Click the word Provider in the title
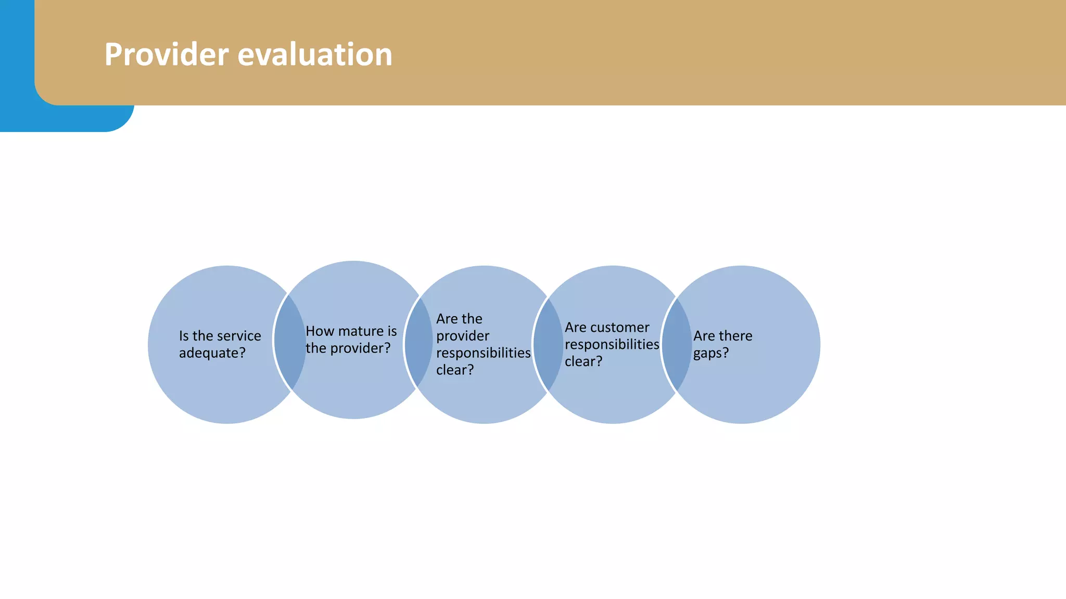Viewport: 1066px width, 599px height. point(167,55)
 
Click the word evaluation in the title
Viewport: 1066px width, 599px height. point(315,55)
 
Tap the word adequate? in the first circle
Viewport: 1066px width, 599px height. point(212,353)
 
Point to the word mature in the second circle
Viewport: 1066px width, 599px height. point(359,331)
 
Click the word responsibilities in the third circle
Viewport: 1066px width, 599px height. point(483,353)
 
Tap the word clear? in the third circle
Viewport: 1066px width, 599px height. point(454,370)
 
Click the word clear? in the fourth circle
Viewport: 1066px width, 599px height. point(583,361)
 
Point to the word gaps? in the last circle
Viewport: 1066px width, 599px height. point(710,353)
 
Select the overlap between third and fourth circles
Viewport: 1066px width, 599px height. point(548,344)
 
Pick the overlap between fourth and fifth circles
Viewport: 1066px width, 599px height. point(676,344)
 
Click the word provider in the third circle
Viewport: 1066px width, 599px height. point(462,336)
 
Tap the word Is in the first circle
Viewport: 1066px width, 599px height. point(184,336)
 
